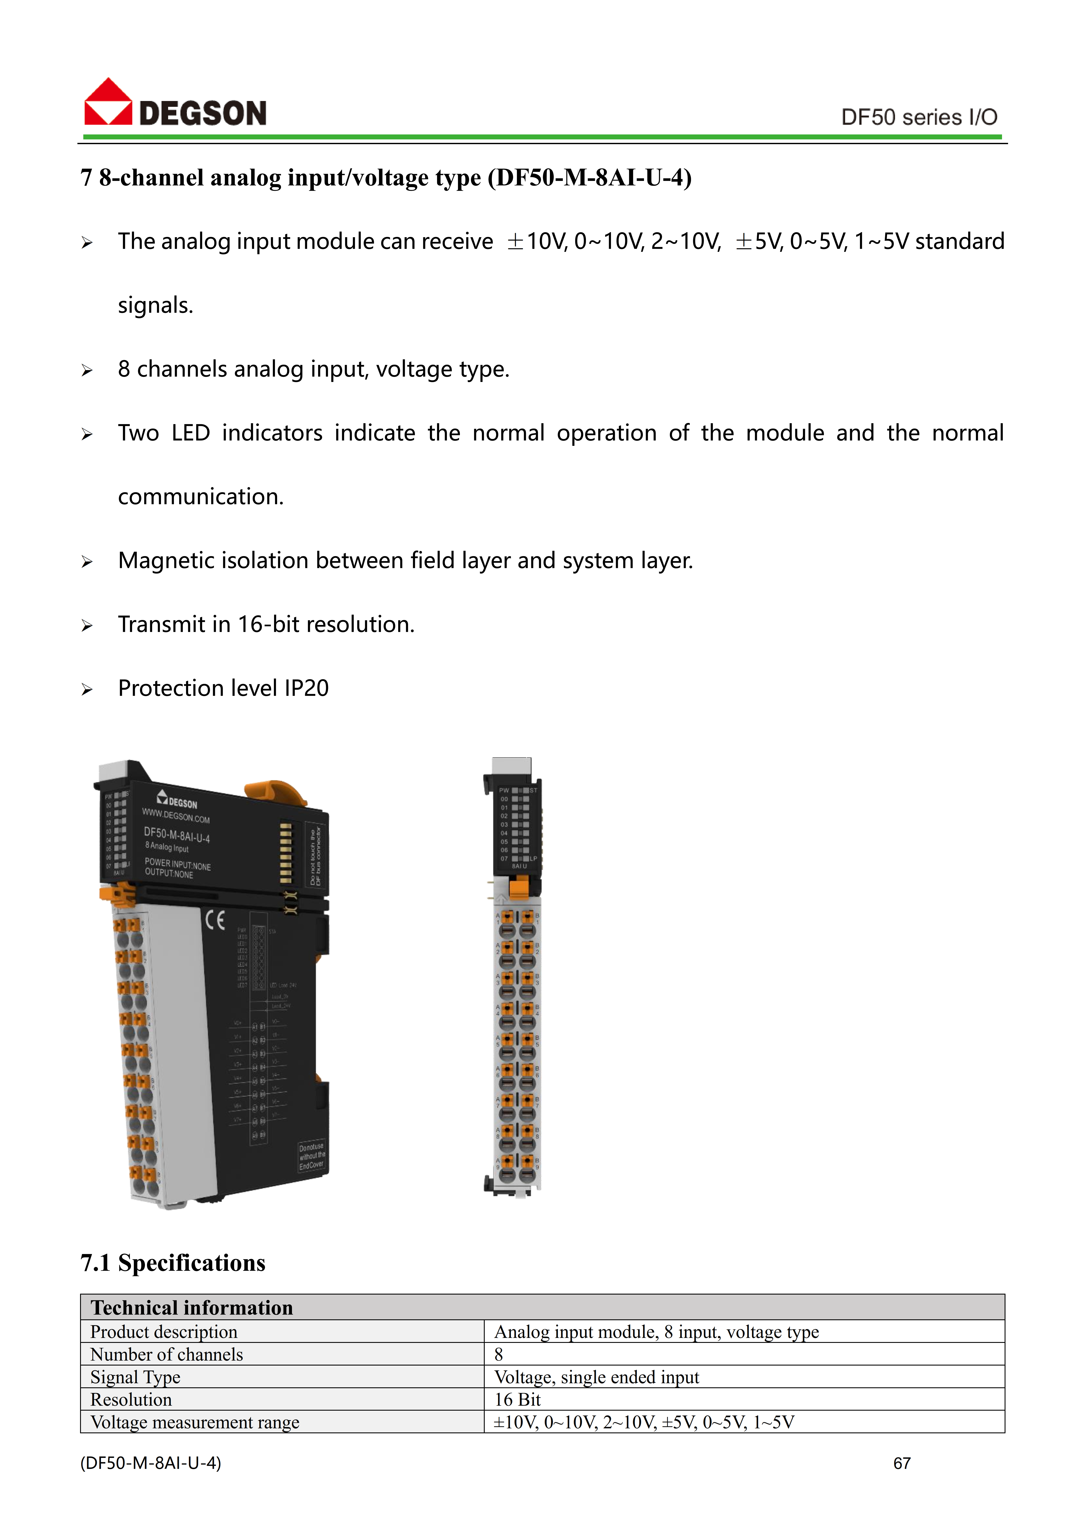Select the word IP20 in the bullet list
click(306, 688)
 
